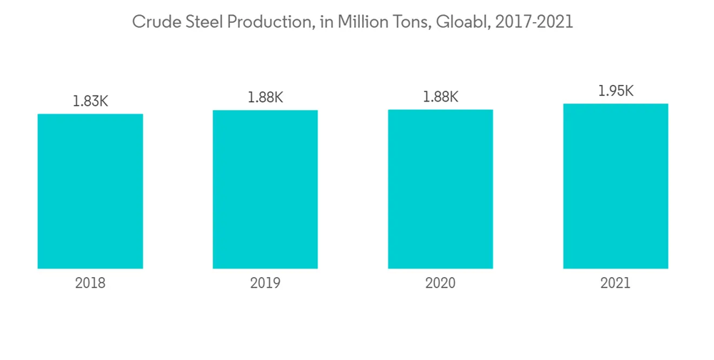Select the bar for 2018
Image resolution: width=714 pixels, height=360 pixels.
tap(90, 191)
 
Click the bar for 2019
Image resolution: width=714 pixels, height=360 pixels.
tap(265, 189)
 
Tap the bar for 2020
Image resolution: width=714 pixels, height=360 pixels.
tap(441, 189)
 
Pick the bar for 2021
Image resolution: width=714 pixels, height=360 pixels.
tap(615, 186)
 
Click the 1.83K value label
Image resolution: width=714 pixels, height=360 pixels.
tap(90, 101)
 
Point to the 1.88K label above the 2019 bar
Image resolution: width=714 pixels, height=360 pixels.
tap(265, 98)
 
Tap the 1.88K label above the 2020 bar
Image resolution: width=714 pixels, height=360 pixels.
tap(441, 97)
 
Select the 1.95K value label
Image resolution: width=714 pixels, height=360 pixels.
tap(615, 91)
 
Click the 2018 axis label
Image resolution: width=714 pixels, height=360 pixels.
tap(90, 283)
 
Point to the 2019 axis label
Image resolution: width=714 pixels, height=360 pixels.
tap(265, 283)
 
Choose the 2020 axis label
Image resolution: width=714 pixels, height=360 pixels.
tap(441, 283)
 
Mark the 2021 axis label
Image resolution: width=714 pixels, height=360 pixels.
tap(615, 283)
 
